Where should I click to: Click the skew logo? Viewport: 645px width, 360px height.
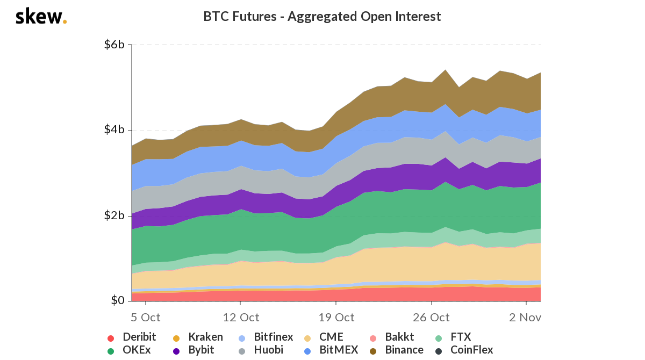[x=41, y=17]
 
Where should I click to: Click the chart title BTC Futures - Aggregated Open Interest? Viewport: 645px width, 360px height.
[x=322, y=17]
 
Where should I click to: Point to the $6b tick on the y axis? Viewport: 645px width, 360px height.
[x=114, y=45]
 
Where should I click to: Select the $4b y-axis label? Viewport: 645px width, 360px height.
[x=114, y=130]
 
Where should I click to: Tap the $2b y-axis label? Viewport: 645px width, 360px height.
[x=114, y=215]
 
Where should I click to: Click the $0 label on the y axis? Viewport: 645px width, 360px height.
[x=117, y=300]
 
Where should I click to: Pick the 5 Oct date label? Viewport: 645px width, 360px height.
[x=146, y=317]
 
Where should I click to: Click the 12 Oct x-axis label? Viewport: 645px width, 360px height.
[x=241, y=317]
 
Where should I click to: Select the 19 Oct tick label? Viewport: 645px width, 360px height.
[x=336, y=317]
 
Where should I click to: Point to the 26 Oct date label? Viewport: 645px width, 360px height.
[x=431, y=317]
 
